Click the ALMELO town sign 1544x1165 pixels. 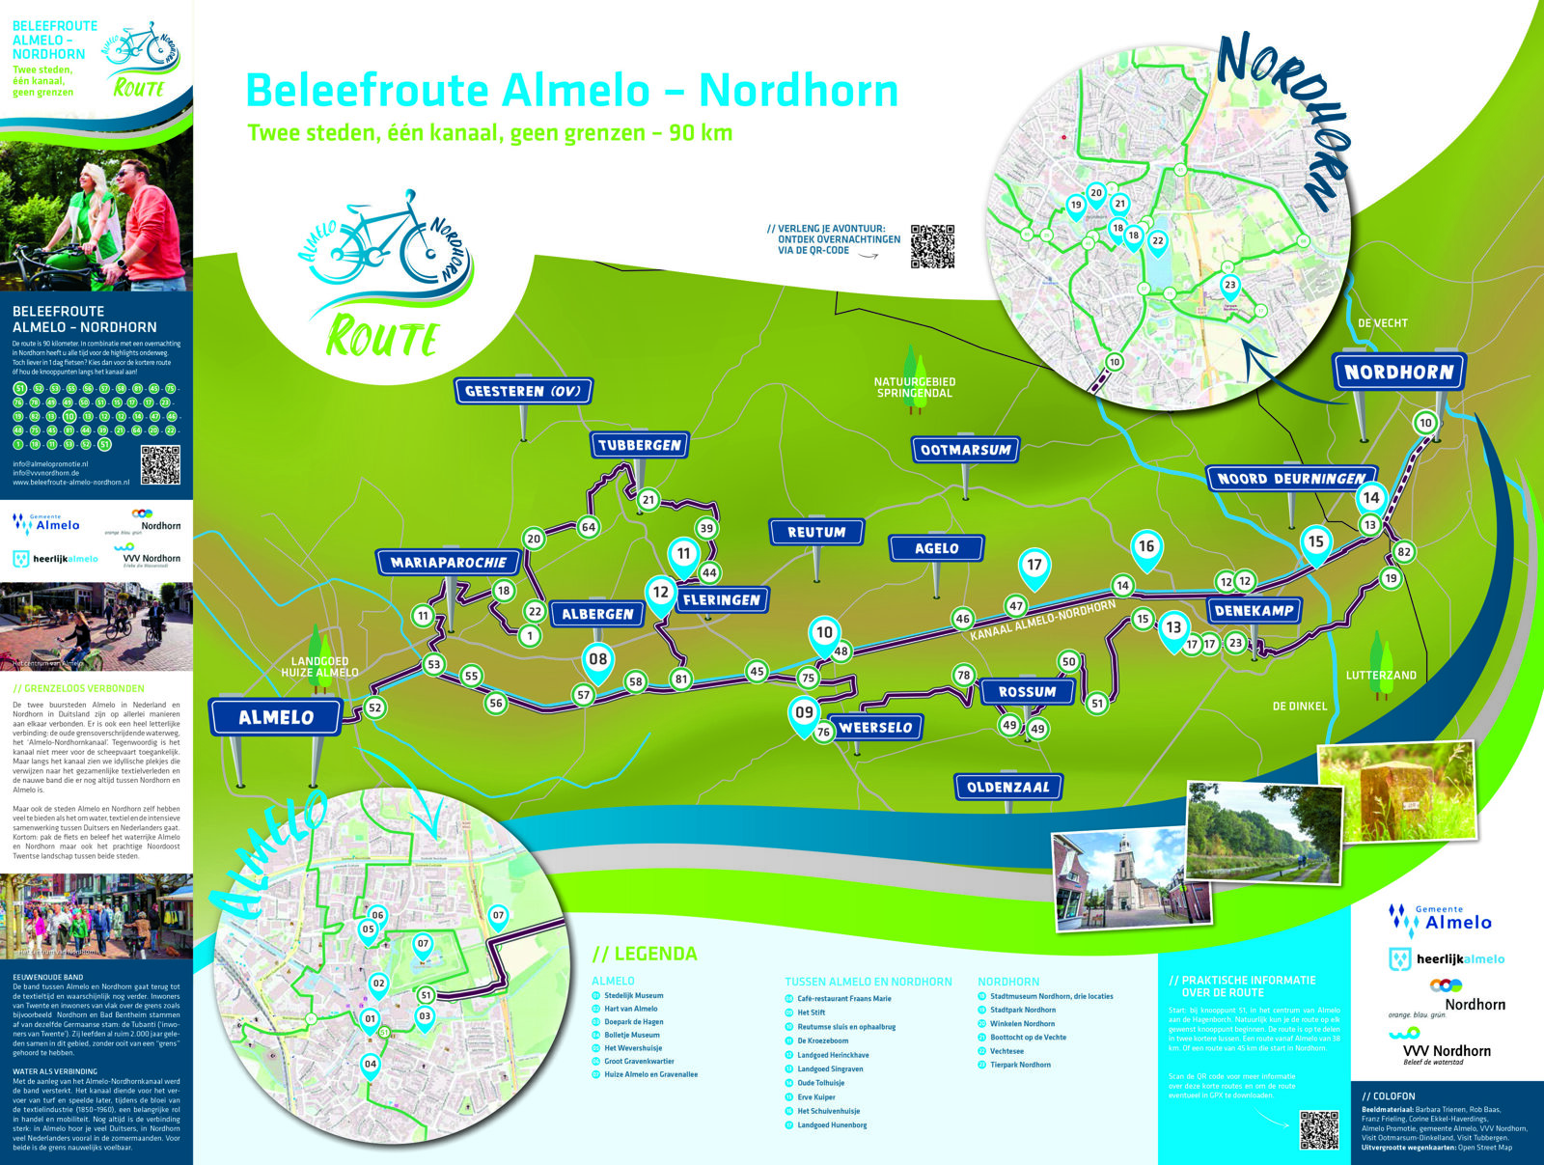[276, 717]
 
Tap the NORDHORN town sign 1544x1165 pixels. [1398, 372]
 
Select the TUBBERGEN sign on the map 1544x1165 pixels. [639, 445]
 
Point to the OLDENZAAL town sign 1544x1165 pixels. [1007, 787]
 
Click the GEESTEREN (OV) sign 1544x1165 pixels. [523, 391]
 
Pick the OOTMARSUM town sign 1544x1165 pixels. [965, 450]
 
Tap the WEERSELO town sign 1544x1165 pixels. [875, 728]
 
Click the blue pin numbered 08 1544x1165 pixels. [598, 660]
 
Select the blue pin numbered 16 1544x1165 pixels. [1145, 547]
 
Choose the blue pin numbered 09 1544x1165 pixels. [804, 713]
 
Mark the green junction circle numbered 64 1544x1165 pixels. [588, 527]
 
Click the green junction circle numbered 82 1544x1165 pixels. [1403, 552]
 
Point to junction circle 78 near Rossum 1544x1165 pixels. [963, 676]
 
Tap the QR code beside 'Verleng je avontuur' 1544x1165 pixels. [932, 246]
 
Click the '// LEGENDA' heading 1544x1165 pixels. [644, 954]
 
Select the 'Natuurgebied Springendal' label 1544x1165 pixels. [914, 387]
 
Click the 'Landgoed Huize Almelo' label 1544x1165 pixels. [319, 667]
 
